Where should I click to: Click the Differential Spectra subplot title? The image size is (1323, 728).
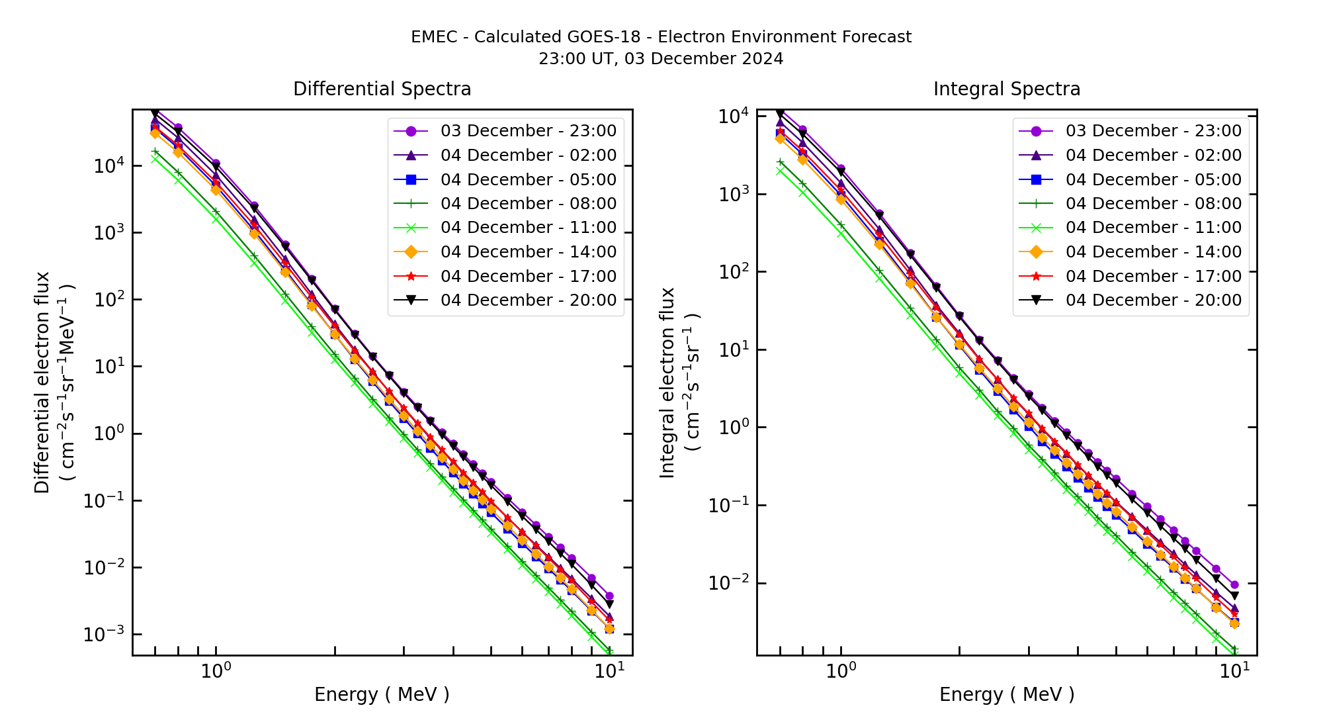coord(382,89)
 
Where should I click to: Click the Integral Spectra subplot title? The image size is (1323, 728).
coord(1006,89)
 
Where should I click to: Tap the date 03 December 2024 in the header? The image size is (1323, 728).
coord(704,59)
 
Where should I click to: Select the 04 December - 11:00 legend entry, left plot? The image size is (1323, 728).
coord(528,228)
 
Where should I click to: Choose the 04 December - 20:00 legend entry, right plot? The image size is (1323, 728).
coord(1153,300)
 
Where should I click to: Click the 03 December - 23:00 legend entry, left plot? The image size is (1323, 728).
coord(528,131)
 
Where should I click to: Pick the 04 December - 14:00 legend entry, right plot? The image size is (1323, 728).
coord(1153,252)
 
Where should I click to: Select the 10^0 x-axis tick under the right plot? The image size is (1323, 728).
coord(841,671)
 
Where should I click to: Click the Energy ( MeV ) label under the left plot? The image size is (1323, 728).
coord(382,694)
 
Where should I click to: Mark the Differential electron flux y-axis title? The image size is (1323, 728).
coord(42,383)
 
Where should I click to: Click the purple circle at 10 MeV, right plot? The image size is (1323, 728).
coord(1234,585)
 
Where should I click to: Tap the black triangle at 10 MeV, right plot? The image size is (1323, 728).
coord(1234,596)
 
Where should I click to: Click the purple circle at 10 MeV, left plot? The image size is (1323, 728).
coord(609,596)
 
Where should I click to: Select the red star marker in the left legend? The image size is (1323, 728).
coord(411,276)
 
